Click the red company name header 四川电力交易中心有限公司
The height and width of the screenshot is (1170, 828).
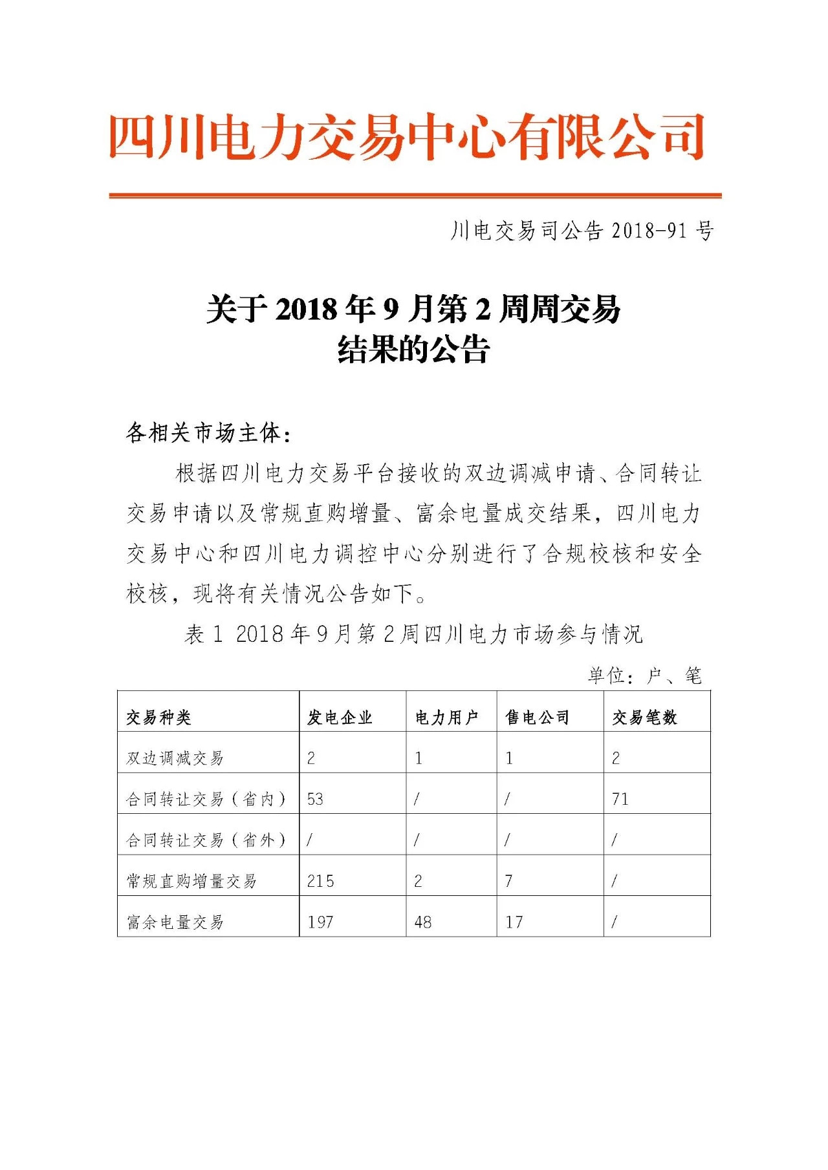click(406, 137)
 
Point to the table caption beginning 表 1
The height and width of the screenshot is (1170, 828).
click(413, 633)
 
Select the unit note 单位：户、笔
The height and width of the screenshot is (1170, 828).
click(644, 675)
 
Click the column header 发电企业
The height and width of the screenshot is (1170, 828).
click(340, 717)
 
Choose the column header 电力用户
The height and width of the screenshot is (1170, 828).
click(446, 717)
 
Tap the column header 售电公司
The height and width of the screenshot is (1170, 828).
click(538, 717)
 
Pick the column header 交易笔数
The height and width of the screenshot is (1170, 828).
click(644, 717)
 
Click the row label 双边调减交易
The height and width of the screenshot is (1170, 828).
click(175, 758)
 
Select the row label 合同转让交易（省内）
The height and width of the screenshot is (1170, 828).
click(206, 799)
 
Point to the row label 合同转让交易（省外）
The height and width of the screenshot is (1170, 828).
click(206, 840)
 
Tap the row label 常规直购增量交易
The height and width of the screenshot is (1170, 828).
click(191, 881)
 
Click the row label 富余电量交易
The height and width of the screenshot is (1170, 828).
click(175, 922)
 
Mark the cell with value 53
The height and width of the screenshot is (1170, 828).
click(315, 799)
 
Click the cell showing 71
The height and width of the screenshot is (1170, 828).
click(620, 799)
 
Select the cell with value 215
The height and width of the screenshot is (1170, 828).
click(321, 881)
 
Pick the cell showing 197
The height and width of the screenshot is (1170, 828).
click(320, 922)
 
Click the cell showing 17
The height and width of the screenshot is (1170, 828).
click(514, 922)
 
